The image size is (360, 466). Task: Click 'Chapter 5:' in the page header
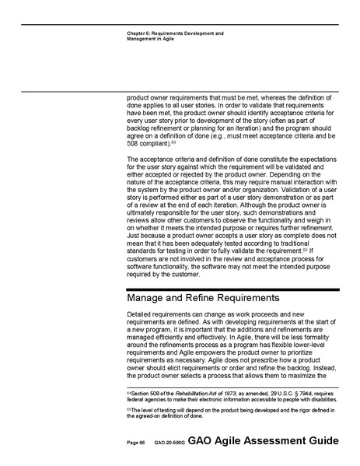pyautogui.click(x=138, y=33)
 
